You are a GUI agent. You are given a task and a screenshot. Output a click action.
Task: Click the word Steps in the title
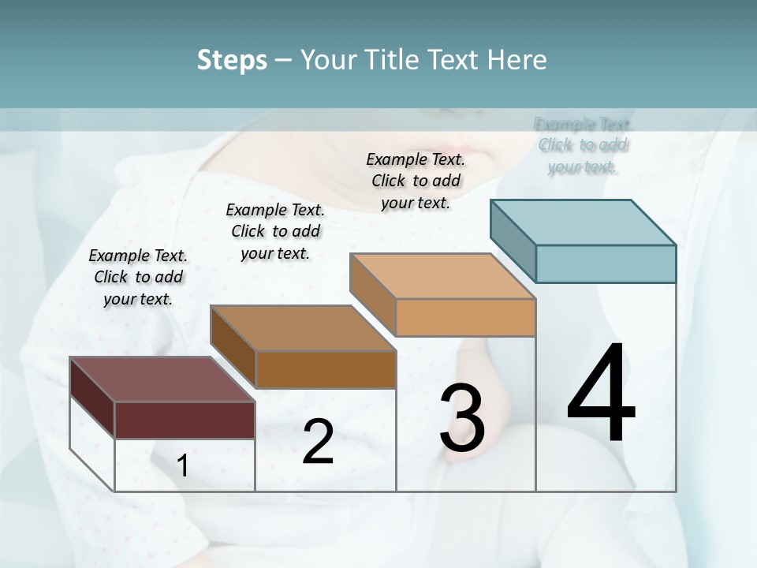(232, 60)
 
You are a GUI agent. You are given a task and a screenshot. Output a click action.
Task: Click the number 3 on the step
(462, 418)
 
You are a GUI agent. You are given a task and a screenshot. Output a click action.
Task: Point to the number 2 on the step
(319, 442)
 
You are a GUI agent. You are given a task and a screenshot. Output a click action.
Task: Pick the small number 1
(183, 466)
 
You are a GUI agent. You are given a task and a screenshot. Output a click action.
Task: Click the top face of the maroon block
(162, 379)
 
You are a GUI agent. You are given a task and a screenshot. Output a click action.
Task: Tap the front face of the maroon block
(185, 420)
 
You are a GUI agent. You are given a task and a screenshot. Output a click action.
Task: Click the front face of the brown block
(325, 369)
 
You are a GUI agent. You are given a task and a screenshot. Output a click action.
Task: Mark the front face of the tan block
(465, 317)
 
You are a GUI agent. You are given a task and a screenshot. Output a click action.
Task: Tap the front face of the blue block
(606, 263)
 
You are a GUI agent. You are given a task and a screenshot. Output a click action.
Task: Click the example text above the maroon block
(138, 277)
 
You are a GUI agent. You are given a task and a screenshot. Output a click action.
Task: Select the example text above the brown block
(275, 231)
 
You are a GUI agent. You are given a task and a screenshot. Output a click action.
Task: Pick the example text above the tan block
(416, 181)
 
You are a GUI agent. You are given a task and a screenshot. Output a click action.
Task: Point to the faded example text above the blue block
(583, 145)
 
